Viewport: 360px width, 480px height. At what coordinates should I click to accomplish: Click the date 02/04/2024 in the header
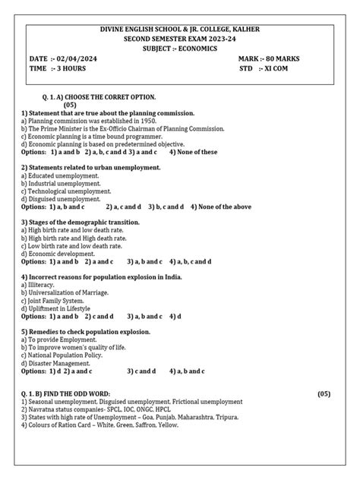tap(78, 58)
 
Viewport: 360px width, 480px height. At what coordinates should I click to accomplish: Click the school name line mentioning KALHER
tap(179, 29)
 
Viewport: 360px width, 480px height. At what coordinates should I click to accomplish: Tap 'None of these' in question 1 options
tap(197, 152)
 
